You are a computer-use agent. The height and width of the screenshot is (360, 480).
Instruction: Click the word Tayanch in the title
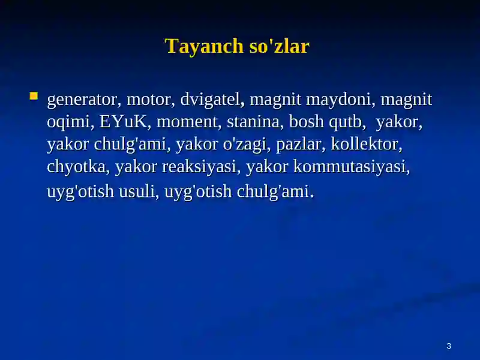pyautogui.click(x=204, y=47)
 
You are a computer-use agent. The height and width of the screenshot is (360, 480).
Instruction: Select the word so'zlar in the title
pyautogui.click(x=279, y=46)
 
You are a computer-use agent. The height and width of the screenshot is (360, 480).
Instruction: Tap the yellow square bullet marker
pyautogui.click(x=34, y=96)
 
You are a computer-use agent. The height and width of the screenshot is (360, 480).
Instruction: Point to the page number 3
pyautogui.click(x=449, y=346)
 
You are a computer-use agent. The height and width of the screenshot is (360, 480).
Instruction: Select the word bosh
pyautogui.click(x=306, y=121)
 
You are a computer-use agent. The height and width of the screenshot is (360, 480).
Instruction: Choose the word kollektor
pyautogui.click(x=367, y=144)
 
